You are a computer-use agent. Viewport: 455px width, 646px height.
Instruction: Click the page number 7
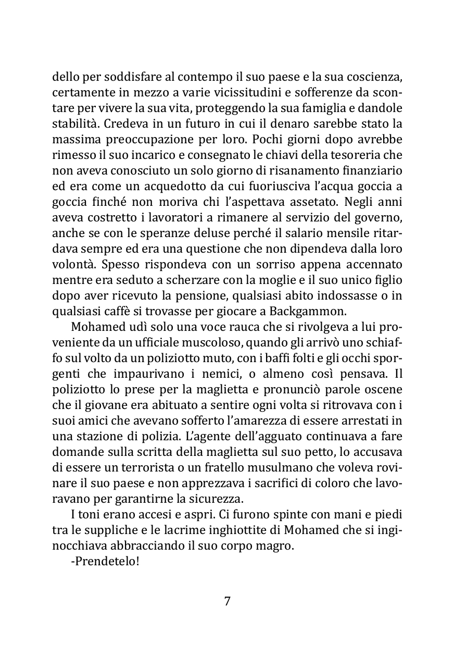pos(228,601)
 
